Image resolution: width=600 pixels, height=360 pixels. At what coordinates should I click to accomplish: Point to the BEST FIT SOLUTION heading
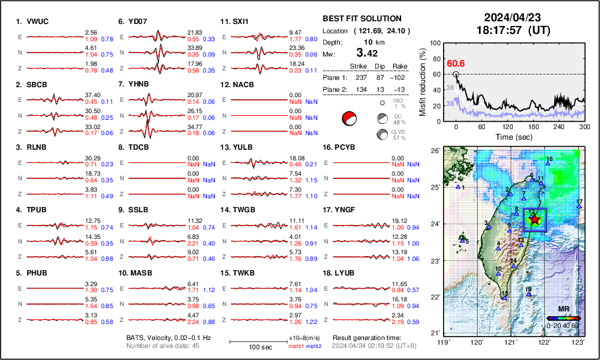click(x=362, y=19)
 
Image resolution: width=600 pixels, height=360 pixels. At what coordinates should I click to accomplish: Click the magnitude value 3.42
click(x=368, y=53)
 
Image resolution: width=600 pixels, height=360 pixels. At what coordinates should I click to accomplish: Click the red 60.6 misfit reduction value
click(x=456, y=63)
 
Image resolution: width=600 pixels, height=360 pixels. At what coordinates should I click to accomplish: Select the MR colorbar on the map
click(x=563, y=318)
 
